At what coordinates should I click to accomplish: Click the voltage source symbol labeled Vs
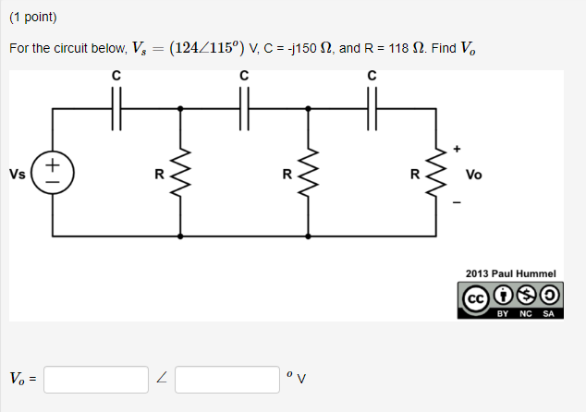[52, 173]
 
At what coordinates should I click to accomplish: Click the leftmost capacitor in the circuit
[116, 107]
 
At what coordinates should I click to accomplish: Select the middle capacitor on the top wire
[244, 107]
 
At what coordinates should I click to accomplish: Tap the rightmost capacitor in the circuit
[372, 107]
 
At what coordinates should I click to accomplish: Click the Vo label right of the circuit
[474, 174]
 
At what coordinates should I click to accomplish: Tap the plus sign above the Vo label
[455, 148]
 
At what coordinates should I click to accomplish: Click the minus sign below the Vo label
[455, 198]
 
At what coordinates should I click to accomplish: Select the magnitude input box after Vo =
[96, 379]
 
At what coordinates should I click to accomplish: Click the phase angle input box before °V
[227, 379]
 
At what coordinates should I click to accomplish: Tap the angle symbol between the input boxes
[162, 379]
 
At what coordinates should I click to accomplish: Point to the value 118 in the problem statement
[396, 48]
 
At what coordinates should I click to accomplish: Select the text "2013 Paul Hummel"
[511, 274]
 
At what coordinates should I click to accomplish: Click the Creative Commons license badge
[511, 300]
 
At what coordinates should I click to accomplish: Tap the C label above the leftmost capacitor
[116, 75]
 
